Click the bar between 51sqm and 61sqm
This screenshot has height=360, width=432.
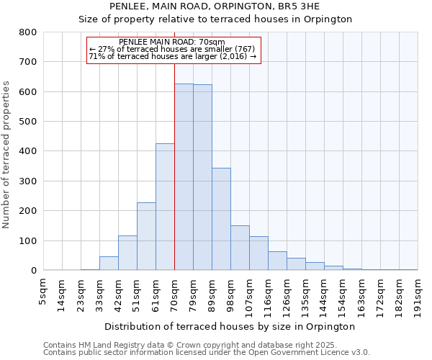tap(146, 237)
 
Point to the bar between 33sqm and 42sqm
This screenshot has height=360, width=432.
tap(109, 264)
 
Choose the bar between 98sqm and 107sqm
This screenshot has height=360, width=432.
tap(240, 248)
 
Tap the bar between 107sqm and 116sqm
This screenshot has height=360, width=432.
tap(258, 253)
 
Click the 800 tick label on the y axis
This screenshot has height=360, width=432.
tap(27, 32)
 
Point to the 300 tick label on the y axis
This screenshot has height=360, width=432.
tap(27, 181)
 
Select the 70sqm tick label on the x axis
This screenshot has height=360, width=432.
tap(174, 292)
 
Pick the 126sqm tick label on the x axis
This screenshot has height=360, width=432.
tap(287, 294)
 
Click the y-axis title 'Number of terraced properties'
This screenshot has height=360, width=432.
tap(6, 154)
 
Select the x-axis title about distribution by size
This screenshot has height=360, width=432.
tap(230, 327)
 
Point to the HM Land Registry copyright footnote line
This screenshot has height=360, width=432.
tap(206, 345)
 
